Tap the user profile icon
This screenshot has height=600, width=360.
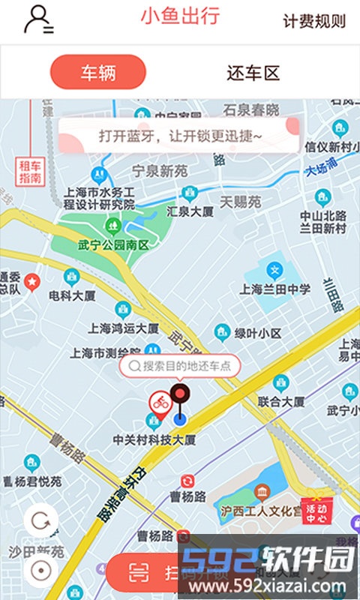tap(38, 19)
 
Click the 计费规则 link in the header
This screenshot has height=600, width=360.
tap(314, 21)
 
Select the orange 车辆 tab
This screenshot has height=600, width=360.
tap(98, 73)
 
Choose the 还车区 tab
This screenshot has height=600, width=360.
tap(253, 73)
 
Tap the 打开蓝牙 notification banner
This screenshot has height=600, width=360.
tap(180, 136)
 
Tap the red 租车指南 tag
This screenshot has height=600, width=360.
tap(30, 172)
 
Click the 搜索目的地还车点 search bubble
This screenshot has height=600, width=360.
tap(180, 366)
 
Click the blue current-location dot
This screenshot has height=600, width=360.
tap(179, 418)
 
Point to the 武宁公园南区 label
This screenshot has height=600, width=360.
tap(113, 244)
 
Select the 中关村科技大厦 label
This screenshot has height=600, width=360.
tap(154, 439)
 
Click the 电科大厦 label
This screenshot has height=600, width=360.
tap(72, 295)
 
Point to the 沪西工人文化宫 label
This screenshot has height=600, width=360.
tap(261, 511)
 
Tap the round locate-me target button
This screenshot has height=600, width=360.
tap(40, 569)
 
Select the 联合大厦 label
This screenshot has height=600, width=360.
tap(280, 401)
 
